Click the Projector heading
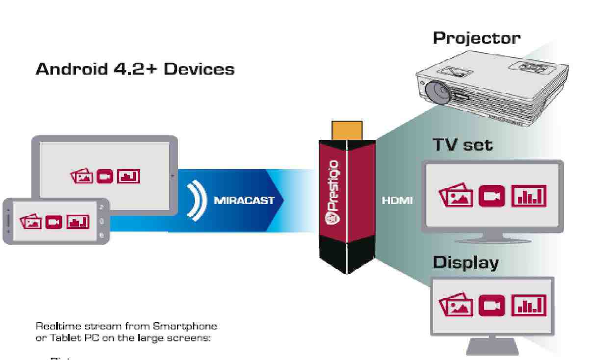pos(475,39)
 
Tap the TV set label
pos(462,145)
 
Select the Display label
pos(465,262)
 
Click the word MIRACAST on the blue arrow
pos(244,201)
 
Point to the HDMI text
pos(396,201)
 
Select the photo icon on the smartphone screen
pos(30,222)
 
